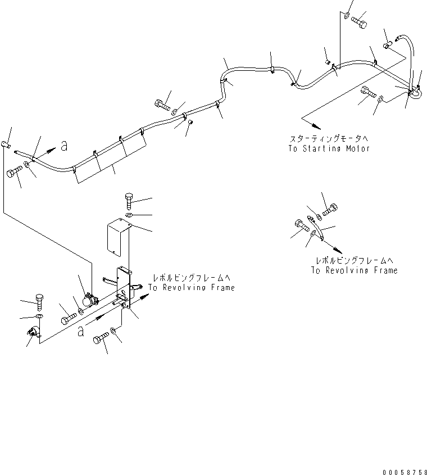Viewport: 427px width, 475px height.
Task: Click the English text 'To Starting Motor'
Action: pyautogui.click(x=329, y=149)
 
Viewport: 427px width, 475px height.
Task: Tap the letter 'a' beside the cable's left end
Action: pyautogui.click(x=64, y=146)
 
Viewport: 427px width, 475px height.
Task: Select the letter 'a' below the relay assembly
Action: pyautogui.click(x=82, y=332)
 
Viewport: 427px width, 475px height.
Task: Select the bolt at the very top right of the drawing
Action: pyautogui.click(x=358, y=21)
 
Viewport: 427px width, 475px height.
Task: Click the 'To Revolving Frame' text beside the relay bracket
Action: pyautogui.click(x=192, y=287)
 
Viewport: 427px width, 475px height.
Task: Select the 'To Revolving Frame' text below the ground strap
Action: pyautogui.click(x=354, y=270)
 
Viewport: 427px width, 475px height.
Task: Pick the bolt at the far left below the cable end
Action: pyautogui.click(x=13, y=174)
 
